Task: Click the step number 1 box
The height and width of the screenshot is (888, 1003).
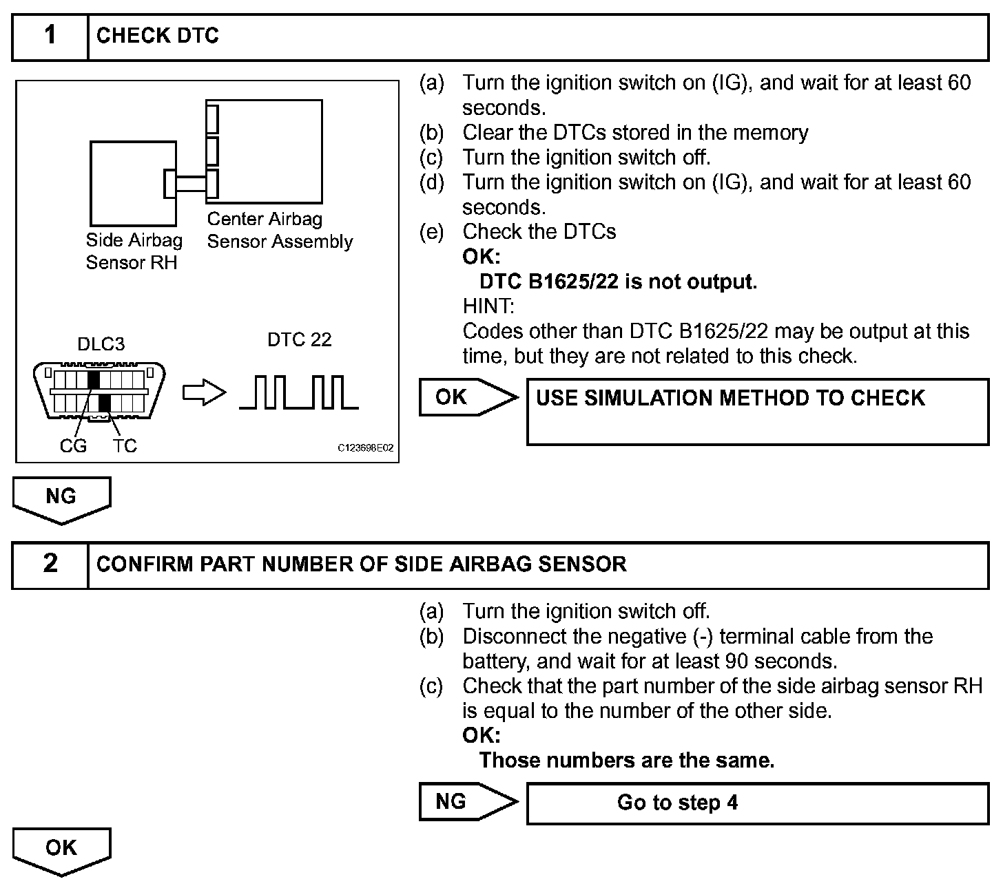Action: (x=50, y=36)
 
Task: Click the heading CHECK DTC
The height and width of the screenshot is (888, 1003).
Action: (x=158, y=36)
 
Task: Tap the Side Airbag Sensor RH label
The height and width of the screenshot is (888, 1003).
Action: (x=134, y=251)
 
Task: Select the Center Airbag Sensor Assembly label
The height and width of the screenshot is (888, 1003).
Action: (x=280, y=230)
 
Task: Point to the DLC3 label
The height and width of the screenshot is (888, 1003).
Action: (x=101, y=343)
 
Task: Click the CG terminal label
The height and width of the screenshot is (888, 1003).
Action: (x=73, y=446)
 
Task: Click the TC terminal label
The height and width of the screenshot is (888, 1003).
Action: (x=125, y=446)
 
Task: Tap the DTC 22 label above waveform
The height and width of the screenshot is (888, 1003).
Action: (x=299, y=339)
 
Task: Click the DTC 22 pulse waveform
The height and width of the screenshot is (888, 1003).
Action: (x=298, y=392)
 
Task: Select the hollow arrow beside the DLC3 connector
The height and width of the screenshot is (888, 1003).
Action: (x=204, y=393)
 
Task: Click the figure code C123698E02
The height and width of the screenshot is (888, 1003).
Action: (x=365, y=448)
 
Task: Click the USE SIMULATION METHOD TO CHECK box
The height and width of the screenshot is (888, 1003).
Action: (x=757, y=412)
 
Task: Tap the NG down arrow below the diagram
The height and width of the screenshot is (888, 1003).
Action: (x=61, y=499)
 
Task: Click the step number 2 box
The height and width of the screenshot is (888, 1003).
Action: (x=50, y=564)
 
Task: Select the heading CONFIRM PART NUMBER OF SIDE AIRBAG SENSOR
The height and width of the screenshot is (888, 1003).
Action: (x=362, y=564)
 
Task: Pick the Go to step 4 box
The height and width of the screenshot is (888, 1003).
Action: (x=757, y=803)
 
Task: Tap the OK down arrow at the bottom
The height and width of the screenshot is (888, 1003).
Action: (x=61, y=850)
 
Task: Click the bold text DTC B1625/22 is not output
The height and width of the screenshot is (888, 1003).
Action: (x=618, y=282)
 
